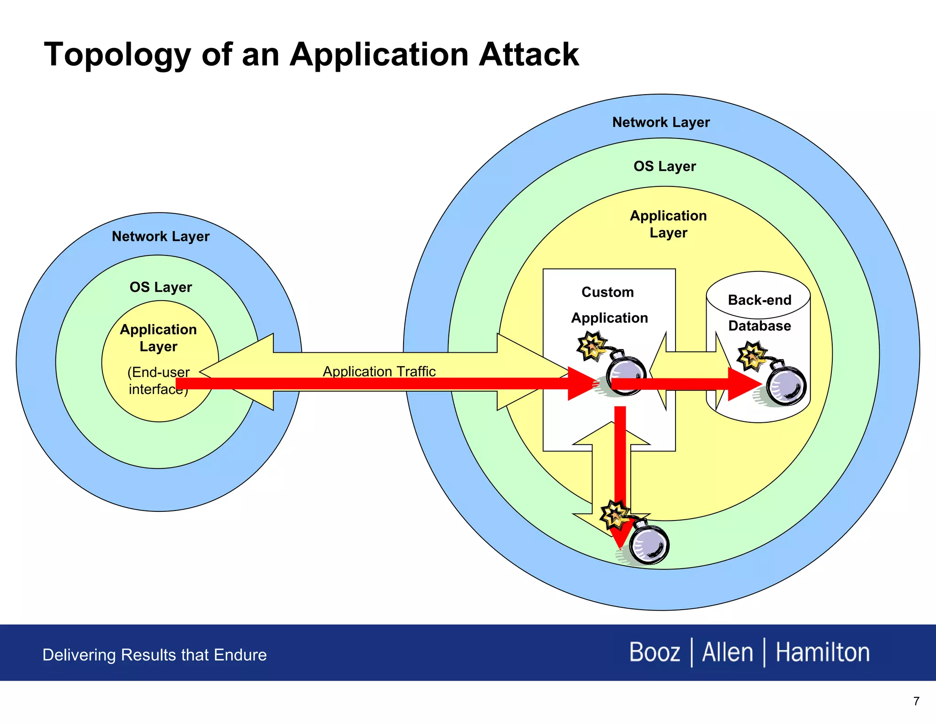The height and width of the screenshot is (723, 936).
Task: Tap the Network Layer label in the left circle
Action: pyautogui.click(x=160, y=236)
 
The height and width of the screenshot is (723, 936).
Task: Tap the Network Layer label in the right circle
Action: pyautogui.click(x=661, y=122)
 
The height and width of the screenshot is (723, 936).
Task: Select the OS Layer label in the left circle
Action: pyautogui.click(x=160, y=287)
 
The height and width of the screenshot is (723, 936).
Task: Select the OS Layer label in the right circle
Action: pyautogui.click(x=665, y=166)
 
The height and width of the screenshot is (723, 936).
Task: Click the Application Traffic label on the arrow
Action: pyautogui.click(x=379, y=371)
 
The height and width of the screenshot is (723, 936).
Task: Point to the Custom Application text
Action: pyautogui.click(x=609, y=305)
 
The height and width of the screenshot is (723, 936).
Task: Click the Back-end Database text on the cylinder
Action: pyautogui.click(x=759, y=313)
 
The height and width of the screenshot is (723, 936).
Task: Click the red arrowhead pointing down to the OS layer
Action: pyautogui.click(x=620, y=535)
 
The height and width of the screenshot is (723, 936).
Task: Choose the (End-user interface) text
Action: pyautogui.click(x=158, y=380)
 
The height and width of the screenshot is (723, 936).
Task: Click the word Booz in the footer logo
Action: pyautogui.click(x=654, y=652)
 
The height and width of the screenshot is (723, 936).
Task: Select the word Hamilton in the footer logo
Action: pyautogui.click(x=822, y=652)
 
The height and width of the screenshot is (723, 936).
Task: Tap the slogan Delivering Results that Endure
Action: pyautogui.click(x=154, y=655)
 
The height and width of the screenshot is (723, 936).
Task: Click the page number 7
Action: pyautogui.click(x=916, y=701)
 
